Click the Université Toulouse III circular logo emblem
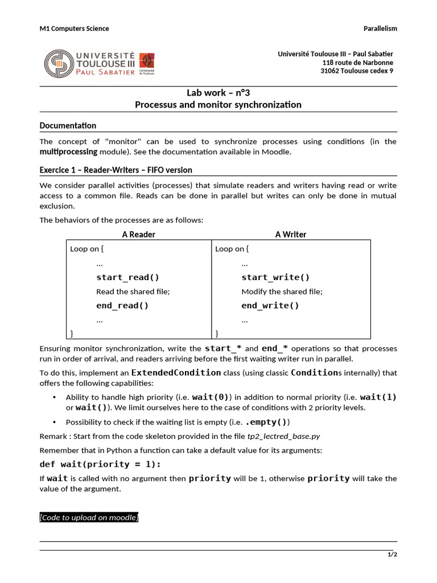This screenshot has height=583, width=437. click(x=59, y=63)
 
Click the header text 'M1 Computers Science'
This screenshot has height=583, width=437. click(x=74, y=28)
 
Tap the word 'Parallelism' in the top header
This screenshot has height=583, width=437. click(x=380, y=28)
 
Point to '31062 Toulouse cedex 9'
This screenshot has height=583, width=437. click(x=357, y=71)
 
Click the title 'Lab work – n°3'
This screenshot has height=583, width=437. click(x=218, y=93)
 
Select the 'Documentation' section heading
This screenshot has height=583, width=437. click(x=68, y=125)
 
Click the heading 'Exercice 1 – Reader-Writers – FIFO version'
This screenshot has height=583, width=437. click(x=116, y=170)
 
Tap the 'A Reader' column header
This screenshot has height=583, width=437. click(x=138, y=234)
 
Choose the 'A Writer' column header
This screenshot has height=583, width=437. click(x=291, y=234)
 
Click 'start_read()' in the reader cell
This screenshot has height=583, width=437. click(x=127, y=277)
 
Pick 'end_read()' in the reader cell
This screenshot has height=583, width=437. click(x=122, y=306)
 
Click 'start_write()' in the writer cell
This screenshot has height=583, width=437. click(x=275, y=277)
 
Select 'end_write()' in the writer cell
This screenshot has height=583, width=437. click(x=270, y=306)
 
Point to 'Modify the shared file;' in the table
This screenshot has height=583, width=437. click(x=282, y=291)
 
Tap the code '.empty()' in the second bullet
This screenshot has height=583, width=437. click(x=267, y=422)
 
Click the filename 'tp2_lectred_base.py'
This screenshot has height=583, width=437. click(x=283, y=436)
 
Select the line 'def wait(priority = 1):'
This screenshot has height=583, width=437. click(x=100, y=464)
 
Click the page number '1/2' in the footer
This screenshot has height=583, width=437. click(x=392, y=555)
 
